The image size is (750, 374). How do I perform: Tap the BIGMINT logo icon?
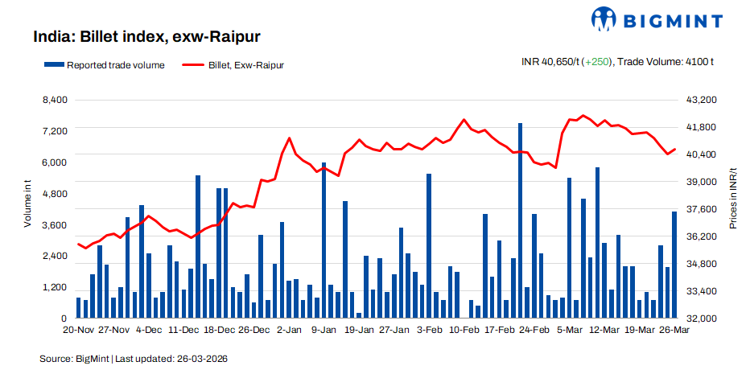tap(606, 19)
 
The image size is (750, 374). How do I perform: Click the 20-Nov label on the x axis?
tap(79, 330)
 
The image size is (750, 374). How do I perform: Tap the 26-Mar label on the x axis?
tap(674, 330)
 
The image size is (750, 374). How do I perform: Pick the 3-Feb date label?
tap(429, 330)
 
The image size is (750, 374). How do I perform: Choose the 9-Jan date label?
tap(323, 330)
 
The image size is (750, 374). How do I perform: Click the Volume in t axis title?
tap(27, 204)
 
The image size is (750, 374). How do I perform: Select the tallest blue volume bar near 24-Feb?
tap(520, 221)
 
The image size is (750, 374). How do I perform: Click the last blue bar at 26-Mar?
tap(674, 265)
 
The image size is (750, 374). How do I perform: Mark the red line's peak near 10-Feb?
tap(464, 120)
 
